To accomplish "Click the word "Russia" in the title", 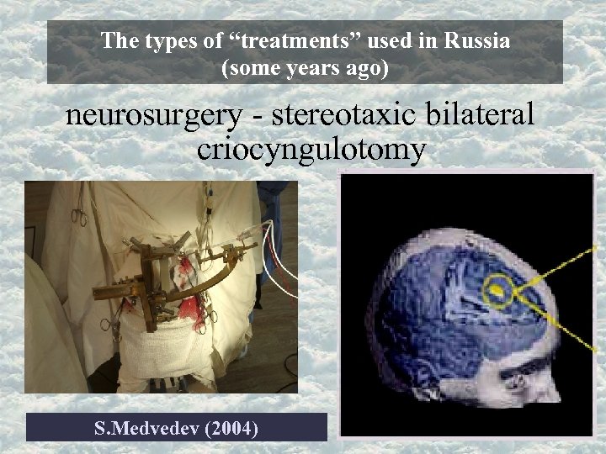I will pyautogui.click(x=479, y=40).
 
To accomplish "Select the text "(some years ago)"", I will pyautogui.click(x=305, y=69).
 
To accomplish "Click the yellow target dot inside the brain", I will pyautogui.click(x=498, y=291).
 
